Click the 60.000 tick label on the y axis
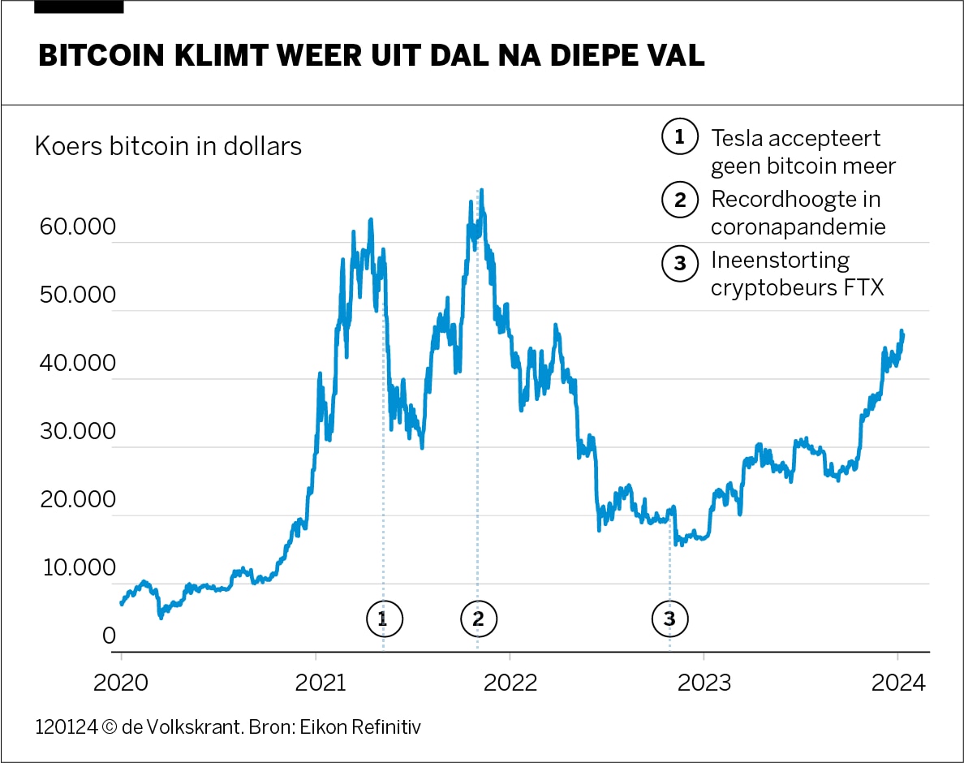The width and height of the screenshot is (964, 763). pos(77,227)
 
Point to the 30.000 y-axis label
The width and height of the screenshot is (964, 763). pos(77,432)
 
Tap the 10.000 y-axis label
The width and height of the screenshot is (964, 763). pos(77,568)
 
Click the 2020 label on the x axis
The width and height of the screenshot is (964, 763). pos(122,683)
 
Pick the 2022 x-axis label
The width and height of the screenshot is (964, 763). pos(510,683)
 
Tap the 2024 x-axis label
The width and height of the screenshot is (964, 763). pos(897,683)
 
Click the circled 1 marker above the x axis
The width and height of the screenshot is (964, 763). pos(384,619)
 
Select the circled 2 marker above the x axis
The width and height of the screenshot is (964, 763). pos(478,619)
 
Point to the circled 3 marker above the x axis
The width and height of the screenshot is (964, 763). pos(669,619)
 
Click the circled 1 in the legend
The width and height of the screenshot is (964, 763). pos(680,137)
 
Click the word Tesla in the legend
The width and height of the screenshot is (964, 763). pos(738,138)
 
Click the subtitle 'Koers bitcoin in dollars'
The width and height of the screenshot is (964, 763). pos(168,146)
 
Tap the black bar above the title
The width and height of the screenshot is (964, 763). pos(80,6)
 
